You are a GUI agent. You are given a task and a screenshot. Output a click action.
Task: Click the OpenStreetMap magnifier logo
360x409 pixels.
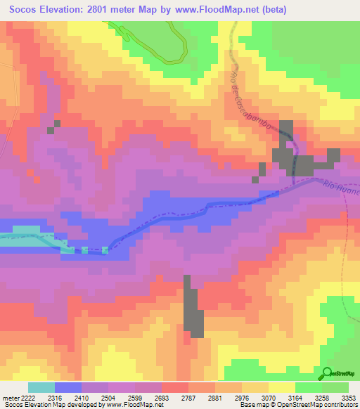click(x=326, y=373)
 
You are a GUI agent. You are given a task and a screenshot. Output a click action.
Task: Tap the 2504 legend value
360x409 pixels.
click(x=128, y=397)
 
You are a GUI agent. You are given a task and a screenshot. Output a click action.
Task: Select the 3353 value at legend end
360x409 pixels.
click(x=349, y=397)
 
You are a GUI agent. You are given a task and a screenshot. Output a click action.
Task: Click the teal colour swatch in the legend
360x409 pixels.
click(x=41, y=387)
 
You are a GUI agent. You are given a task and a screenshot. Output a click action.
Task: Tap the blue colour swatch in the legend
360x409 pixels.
click(x=68, y=387)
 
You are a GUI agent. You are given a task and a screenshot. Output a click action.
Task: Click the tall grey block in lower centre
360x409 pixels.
click(x=193, y=309)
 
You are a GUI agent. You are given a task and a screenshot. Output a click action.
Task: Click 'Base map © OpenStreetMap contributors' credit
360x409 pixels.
click(x=297, y=405)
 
